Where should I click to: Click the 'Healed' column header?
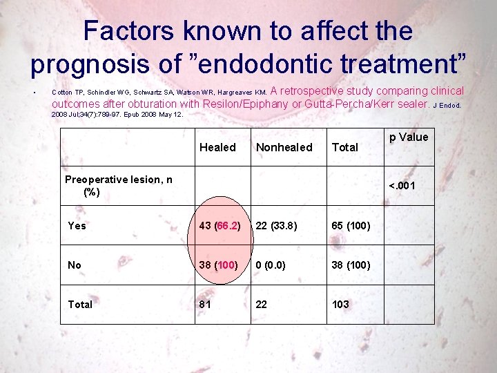[217, 147]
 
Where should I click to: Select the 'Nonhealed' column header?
[284, 147]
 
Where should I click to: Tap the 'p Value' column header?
[409, 137]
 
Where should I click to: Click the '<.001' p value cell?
[402, 185]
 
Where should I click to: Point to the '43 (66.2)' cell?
[220, 225]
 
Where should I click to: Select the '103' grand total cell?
[340, 304]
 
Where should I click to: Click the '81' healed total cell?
[206, 304]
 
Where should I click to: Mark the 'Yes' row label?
[77, 225]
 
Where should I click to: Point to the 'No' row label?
[75, 265]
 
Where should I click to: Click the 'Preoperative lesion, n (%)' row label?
[118, 186]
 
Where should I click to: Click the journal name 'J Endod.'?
[447, 106]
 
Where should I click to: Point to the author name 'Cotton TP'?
[68, 92]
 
